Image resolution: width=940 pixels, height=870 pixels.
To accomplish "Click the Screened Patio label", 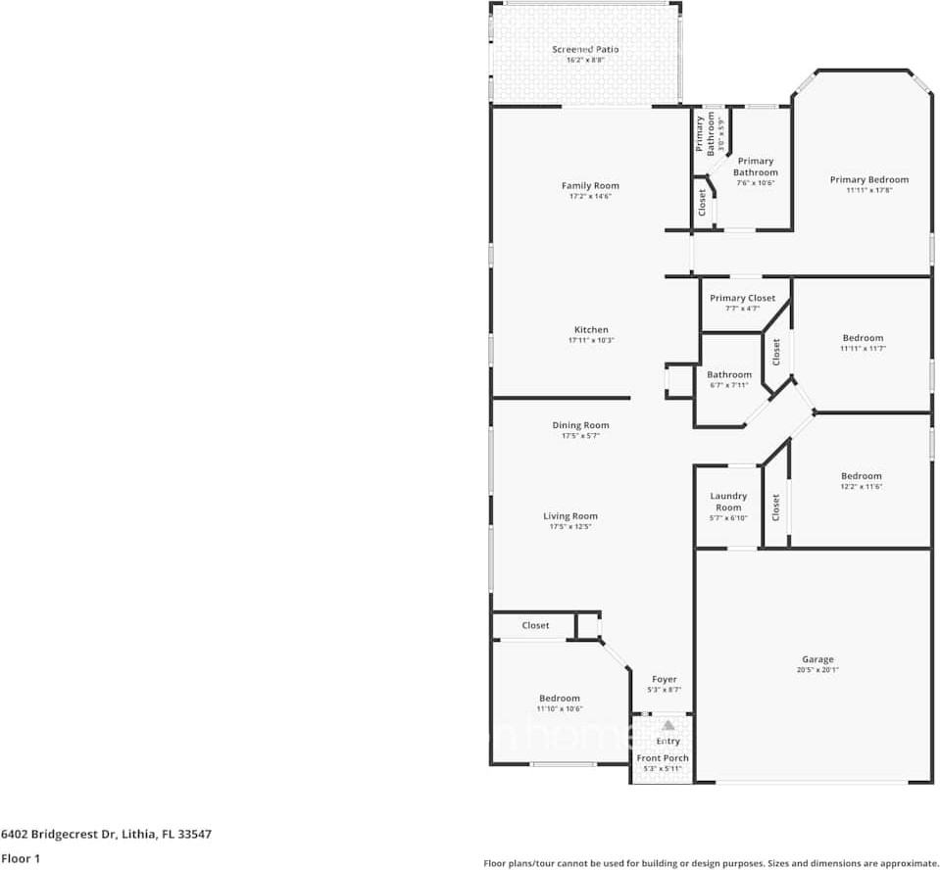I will pyautogui.click(x=585, y=49).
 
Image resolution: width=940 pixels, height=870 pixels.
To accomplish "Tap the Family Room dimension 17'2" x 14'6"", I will pyautogui.click(x=590, y=197).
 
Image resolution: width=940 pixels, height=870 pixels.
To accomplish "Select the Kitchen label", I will pyautogui.click(x=591, y=330).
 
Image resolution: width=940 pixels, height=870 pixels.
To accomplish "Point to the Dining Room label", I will pyautogui.click(x=580, y=425).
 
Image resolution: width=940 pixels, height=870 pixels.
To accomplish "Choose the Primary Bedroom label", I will pyautogui.click(x=868, y=179).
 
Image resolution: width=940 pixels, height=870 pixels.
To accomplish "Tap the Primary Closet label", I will pyautogui.click(x=742, y=298).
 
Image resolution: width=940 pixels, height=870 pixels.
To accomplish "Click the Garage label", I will pyautogui.click(x=817, y=659).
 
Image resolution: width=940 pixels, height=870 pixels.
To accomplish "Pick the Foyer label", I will pyautogui.click(x=665, y=679).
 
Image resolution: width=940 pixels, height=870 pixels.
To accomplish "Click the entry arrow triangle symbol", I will pyautogui.click(x=668, y=725).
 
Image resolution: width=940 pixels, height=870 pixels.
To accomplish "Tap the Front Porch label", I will pyautogui.click(x=663, y=757).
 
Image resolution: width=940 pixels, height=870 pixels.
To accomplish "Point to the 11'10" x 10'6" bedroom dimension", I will pyautogui.click(x=559, y=709).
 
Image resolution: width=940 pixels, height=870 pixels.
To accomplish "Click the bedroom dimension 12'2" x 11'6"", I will pyautogui.click(x=861, y=487).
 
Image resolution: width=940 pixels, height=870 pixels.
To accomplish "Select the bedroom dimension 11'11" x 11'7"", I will pyautogui.click(x=863, y=349).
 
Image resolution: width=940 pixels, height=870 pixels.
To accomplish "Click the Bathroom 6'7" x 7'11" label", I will pyautogui.click(x=729, y=374).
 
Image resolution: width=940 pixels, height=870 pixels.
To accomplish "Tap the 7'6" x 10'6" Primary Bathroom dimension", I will pyautogui.click(x=755, y=182).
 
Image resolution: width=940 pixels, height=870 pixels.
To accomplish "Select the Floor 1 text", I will pyautogui.click(x=21, y=858).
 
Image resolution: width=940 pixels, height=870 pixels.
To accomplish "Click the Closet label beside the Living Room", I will pyautogui.click(x=535, y=625).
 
